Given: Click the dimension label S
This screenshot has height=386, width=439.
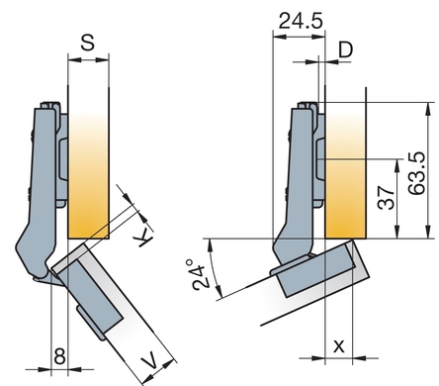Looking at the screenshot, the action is [x=88, y=43].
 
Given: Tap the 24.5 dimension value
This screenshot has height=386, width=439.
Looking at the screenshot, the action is [x=301, y=21].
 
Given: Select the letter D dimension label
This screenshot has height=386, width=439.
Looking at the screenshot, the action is [x=346, y=49].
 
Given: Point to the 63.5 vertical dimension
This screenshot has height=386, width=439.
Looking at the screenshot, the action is [x=416, y=173].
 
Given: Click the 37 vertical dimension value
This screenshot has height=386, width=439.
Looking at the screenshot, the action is [x=386, y=198].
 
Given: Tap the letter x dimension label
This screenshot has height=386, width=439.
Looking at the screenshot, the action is [x=339, y=346].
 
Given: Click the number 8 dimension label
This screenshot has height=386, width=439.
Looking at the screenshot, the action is [x=59, y=356].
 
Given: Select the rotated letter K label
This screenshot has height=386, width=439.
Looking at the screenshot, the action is [x=144, y=239].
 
